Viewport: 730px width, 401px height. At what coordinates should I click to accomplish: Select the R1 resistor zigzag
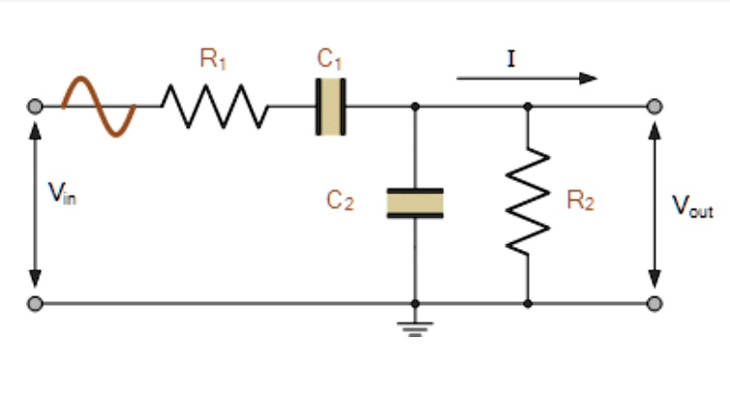pos(214,106)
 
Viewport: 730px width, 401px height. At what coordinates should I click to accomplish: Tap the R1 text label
pos(213,59)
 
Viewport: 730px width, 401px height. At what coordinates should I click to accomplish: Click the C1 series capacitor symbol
pos(330,106)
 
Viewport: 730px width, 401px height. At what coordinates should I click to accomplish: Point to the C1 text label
pos(330,59)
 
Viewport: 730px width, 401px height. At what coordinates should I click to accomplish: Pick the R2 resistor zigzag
pos(528,203)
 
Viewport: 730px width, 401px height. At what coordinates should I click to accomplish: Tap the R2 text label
pos(580,201)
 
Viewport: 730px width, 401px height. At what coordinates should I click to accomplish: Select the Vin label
pos(61,194)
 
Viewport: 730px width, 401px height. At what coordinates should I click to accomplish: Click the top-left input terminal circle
pos(36,106)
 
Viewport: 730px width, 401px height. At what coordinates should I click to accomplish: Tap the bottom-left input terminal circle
pos(36,303)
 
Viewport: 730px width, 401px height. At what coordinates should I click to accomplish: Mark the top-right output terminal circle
pos(655,106)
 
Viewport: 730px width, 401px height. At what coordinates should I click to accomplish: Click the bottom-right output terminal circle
pos(655,303)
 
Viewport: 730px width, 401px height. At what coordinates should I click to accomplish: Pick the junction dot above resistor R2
pos(528,106)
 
